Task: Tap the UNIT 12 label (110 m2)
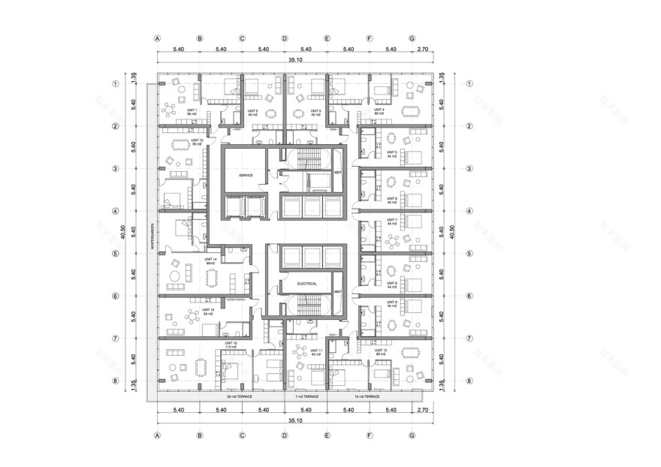231,345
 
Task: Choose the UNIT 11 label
317,351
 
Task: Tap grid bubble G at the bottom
412,435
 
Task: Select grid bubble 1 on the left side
116,84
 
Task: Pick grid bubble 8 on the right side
469,381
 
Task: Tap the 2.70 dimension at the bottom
422,411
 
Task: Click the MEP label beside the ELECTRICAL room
337,291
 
